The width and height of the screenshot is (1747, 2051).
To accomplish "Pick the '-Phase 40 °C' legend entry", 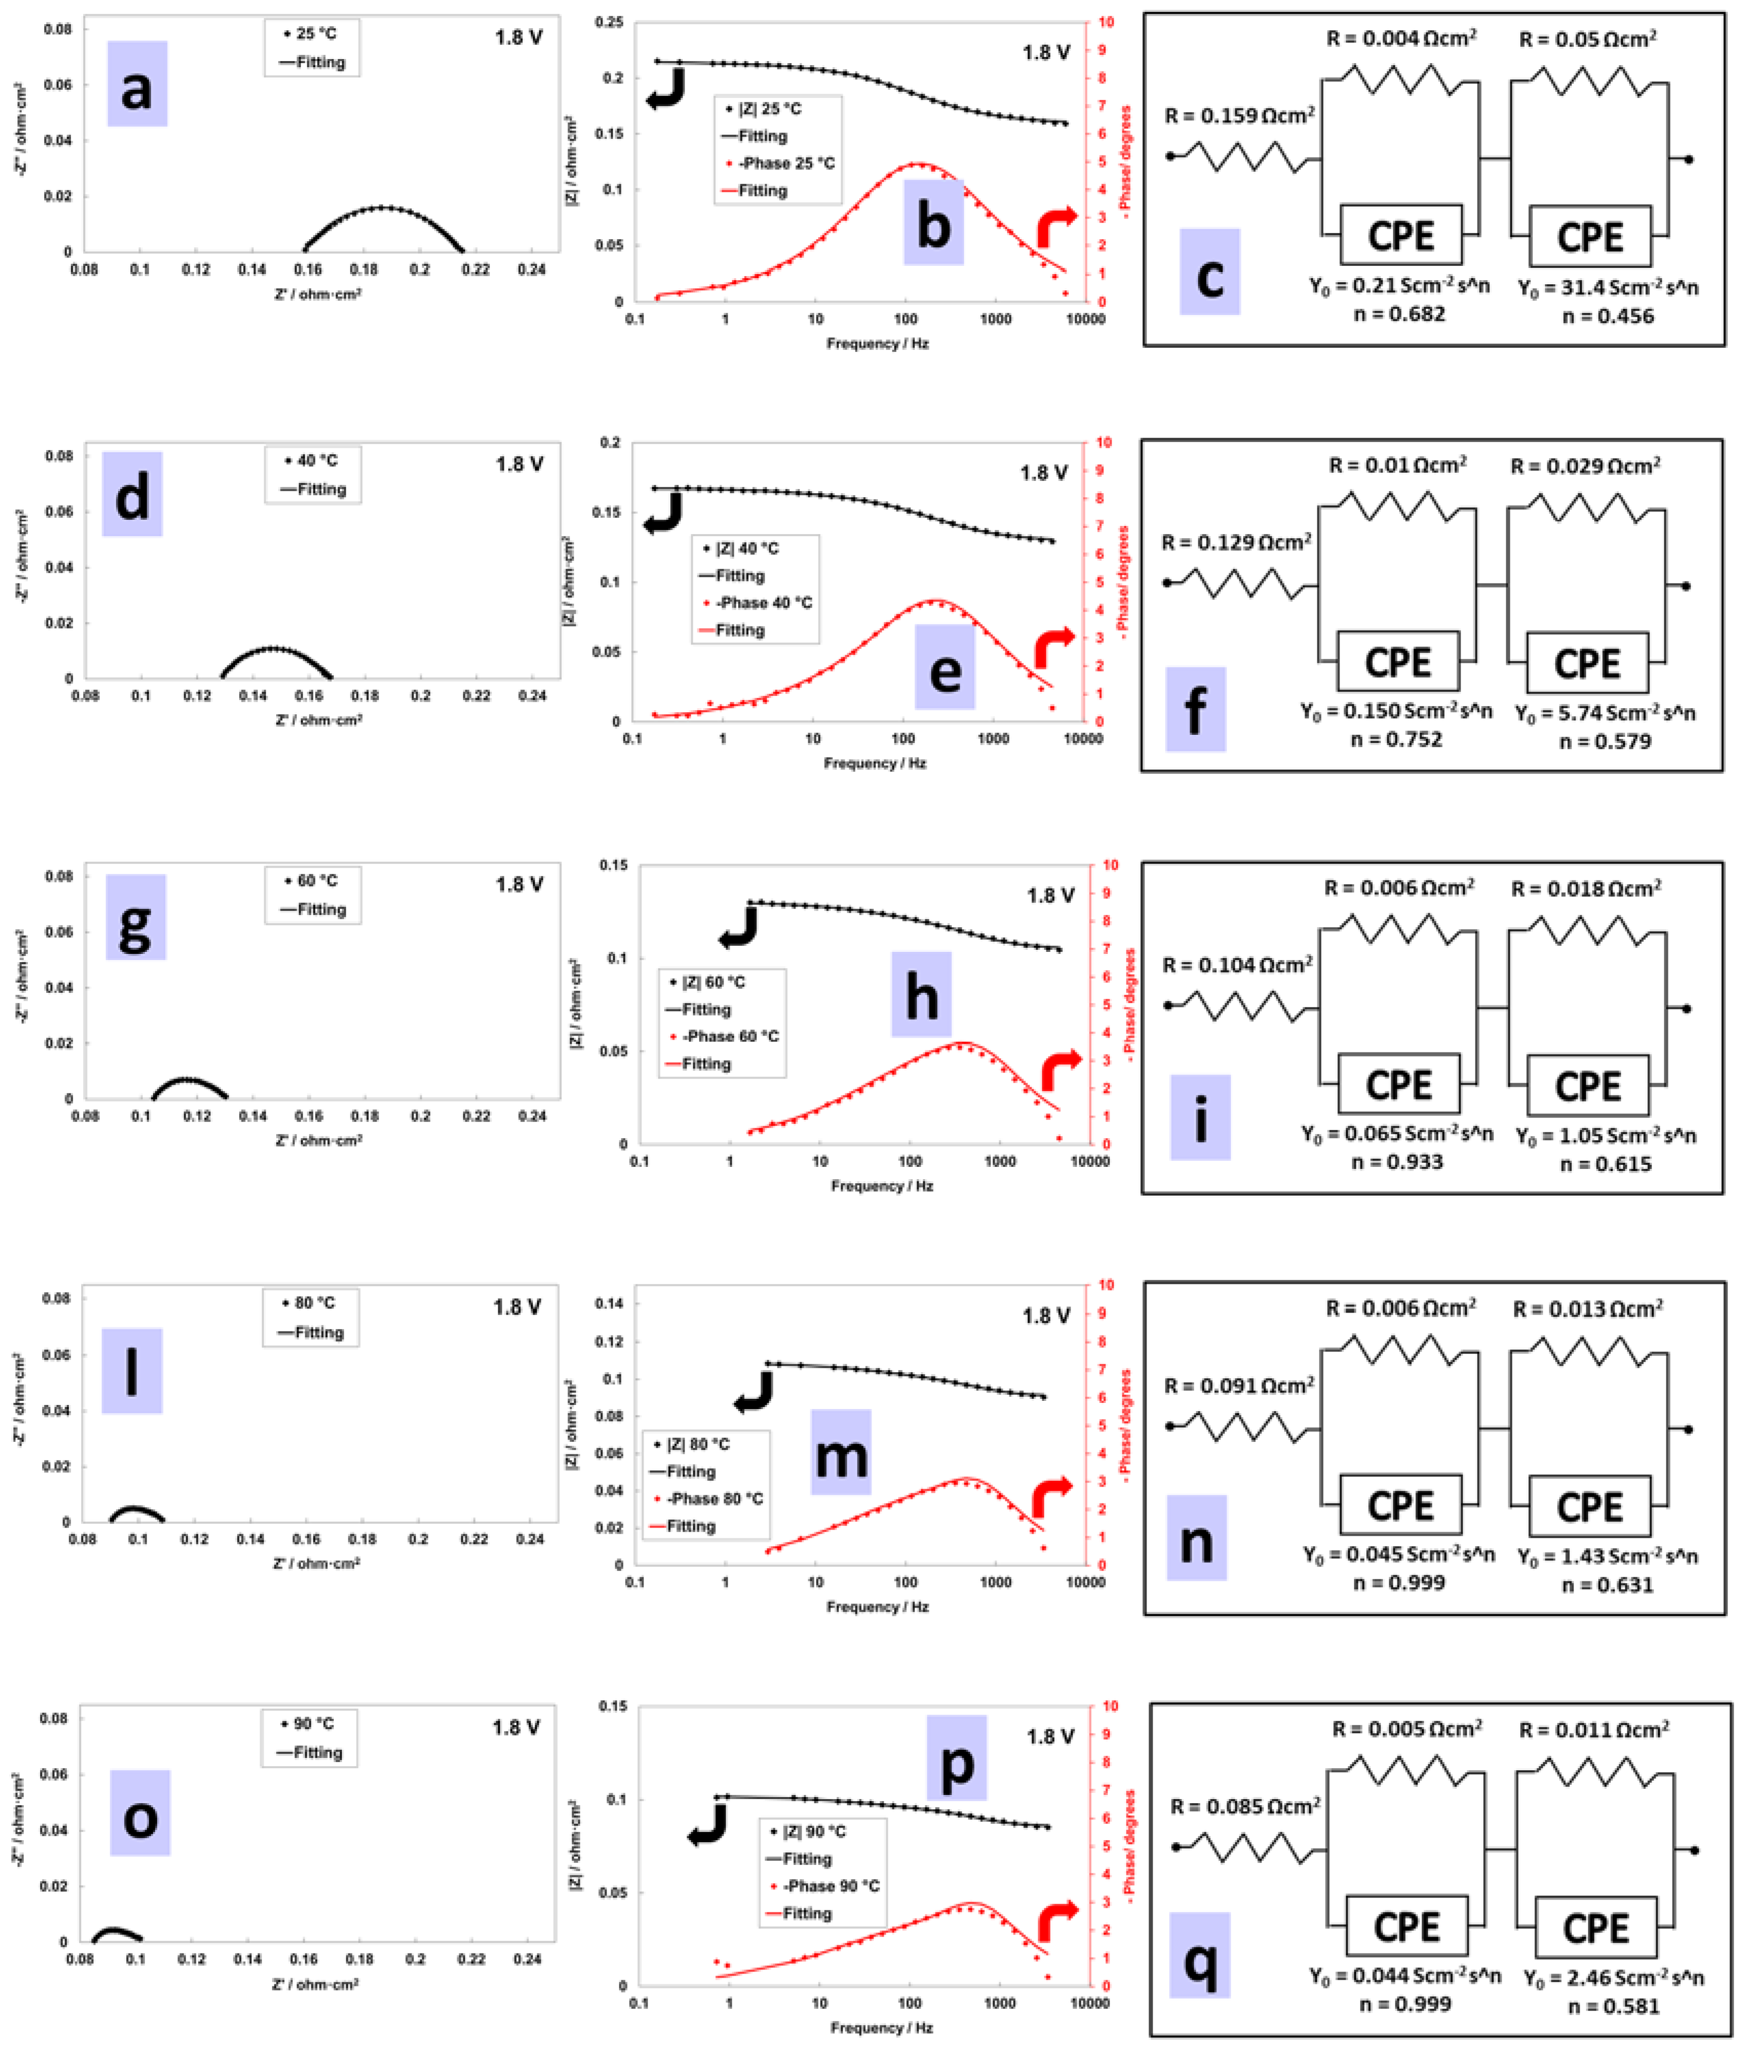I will (758, 603).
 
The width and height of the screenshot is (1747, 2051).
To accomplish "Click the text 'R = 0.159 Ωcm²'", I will (1239, 116).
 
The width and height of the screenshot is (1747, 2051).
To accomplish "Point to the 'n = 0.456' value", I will (1607, 316).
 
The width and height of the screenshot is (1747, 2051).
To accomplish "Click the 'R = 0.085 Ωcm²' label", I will (1245, 1807).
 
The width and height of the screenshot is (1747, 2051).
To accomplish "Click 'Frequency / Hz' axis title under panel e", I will (875, 763).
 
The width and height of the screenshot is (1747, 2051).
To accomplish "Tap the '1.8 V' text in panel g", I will (519, 884).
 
